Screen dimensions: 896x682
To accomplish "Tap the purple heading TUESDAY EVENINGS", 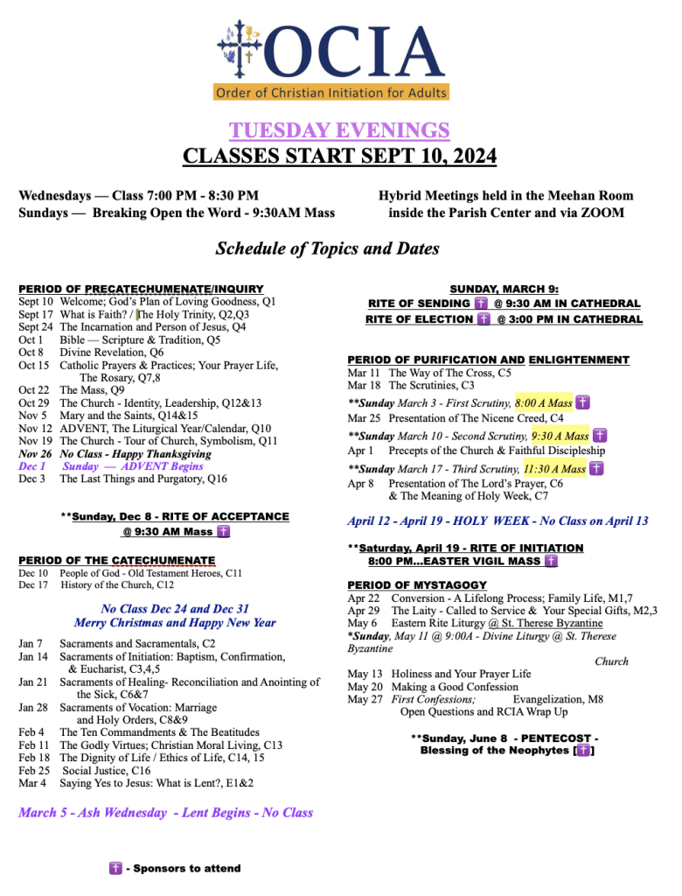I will coord(339,130).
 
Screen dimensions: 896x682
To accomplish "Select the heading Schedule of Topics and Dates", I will coord(327,248).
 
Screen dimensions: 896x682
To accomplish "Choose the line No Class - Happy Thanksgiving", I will coord(136,453).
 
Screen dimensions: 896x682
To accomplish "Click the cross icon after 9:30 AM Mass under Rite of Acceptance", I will coord(223,531).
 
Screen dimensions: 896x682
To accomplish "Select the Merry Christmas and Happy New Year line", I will coord(175,622).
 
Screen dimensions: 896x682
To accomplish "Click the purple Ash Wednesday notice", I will coord(165,813).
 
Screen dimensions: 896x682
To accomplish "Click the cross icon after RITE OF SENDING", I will coord(480,303).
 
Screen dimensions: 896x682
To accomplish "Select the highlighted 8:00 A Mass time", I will coord(543,402).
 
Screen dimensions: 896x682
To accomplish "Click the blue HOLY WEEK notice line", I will coord(498,521).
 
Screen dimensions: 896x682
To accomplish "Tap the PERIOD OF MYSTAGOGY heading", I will coord(417,584).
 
